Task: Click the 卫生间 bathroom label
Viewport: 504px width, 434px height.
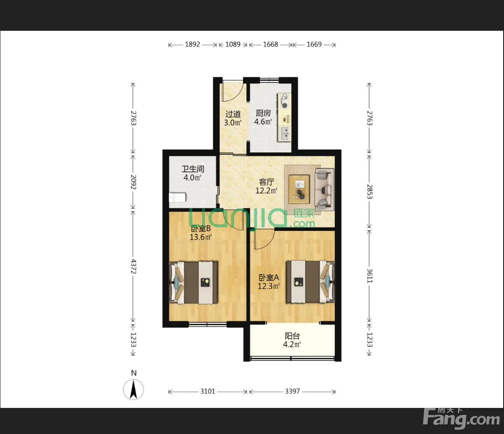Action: coord(193,169)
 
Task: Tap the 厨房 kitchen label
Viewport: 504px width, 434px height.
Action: coord(263,113)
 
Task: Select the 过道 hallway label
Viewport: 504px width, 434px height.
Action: coord(233,114)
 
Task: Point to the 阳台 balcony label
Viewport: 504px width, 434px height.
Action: coord(292,336)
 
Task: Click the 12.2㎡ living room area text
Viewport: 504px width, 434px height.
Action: coord(266,191)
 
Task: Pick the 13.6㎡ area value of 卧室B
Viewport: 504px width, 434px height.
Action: coord(200,237)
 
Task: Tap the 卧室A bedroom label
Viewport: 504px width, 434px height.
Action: coord(269,278)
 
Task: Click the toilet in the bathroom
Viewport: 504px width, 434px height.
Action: coord(177,197)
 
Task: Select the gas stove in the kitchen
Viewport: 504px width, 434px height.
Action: coord(284,100)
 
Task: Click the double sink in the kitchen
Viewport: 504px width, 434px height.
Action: coord(285,133)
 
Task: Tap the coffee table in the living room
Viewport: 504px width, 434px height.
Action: coord(299,189)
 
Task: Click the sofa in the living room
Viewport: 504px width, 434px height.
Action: coord(324,189)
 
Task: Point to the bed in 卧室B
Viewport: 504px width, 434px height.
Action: coord(194,283)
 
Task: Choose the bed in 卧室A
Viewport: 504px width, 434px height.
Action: coord(310,282)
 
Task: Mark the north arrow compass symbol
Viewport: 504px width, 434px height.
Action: coord(133,389)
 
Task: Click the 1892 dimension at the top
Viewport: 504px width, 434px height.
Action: coord(192,44)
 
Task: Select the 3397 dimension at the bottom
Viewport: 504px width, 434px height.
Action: coord(292,391)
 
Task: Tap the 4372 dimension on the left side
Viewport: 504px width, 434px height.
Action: coord(133,266)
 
